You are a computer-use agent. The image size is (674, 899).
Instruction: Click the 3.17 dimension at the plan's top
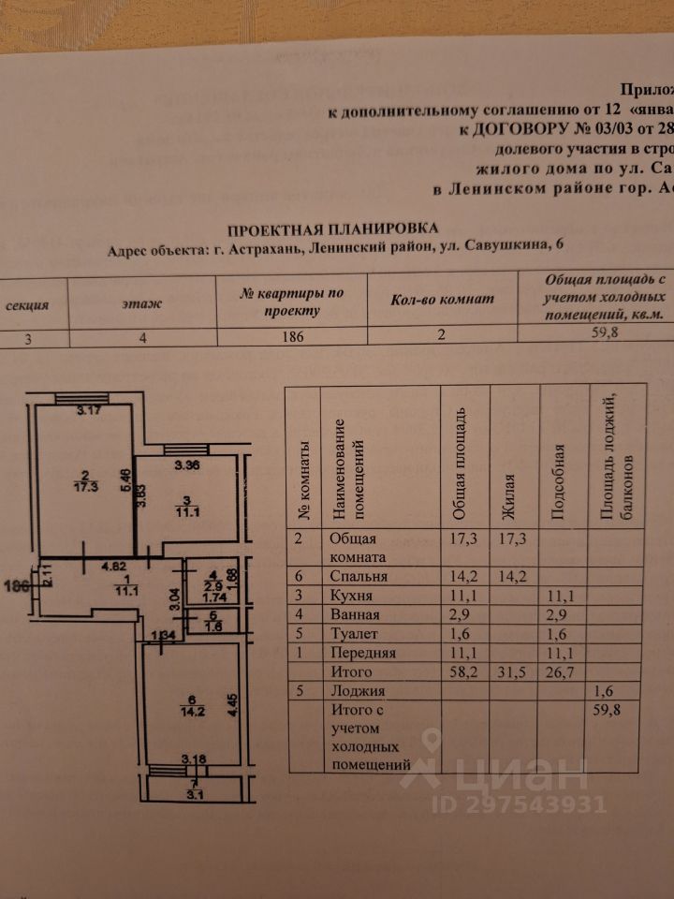tap(91, 409)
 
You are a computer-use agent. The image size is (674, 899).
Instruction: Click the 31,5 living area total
tap(512, 671)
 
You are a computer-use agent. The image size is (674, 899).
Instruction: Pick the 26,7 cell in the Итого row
tap(563, 671)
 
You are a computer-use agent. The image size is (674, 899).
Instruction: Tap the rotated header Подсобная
tap(559, 483)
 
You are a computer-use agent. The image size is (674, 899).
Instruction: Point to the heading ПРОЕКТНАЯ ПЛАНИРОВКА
tap(332, 228)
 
